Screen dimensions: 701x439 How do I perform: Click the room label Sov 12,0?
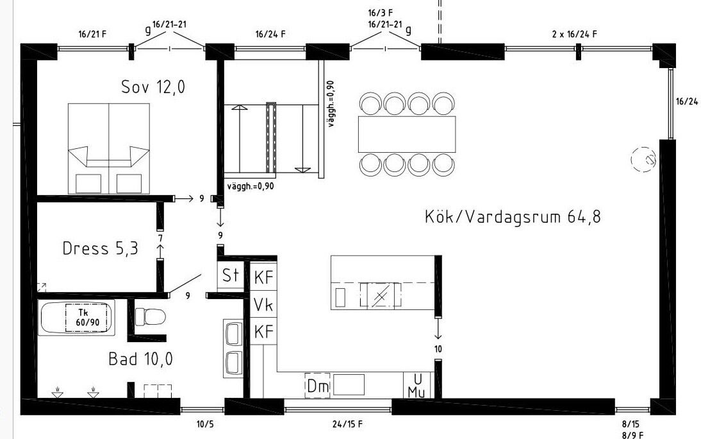pyautogui.click(x=153, y=87)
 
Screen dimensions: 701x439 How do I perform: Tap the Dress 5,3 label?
pyautogui.click(x=101, y=248)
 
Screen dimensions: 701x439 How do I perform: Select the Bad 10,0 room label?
pyautogui.click(x=140, y=359)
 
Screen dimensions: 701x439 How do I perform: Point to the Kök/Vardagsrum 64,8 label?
pyautogui.click(x=513, y=217)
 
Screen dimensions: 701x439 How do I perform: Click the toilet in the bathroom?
pyautogui.click(x=150, y=316)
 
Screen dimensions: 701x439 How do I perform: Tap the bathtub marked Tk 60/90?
pyautogui.click(x=77, y=317)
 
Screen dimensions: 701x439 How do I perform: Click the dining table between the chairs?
pyautogui.click(x=407, y=134)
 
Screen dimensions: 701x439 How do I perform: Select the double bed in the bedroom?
pyautogui.click(x=109, y=149)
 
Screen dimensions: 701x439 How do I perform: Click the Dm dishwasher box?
pyautogui.click(x=318, y=385)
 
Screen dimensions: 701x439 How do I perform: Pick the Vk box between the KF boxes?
pyautogui.click(x=263, y=305)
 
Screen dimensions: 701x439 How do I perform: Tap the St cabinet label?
pyautogui.click(x=231, y=275)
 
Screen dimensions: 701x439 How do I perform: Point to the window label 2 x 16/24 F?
pyautogui.click(x=575, y=34)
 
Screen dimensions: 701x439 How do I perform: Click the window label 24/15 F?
pyautogui.click(x=347, y=424)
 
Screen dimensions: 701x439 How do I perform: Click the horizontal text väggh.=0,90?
pyautogui.click(x=251, y=186)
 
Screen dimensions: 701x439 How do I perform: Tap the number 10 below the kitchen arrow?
pyautogui.click(x=438, y=349)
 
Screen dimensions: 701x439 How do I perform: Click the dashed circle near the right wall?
pyautogui.click(x=644, y=159)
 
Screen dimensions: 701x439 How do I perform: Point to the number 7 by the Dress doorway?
pyautogui.click(x=160, y=237)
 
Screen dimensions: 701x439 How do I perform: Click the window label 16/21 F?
pyautogui.click(x=92, y=34)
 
